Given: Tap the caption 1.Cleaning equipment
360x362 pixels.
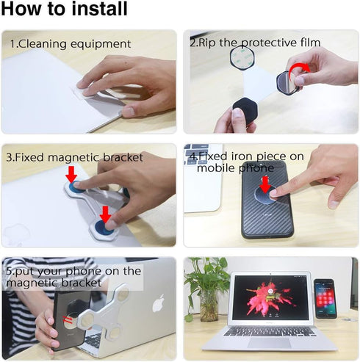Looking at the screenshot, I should pos(70,44).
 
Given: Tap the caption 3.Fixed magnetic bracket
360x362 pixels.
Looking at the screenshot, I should pos(76,157).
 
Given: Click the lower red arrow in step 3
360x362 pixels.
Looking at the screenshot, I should pos(105,213).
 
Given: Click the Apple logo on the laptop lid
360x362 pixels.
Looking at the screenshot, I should pos(158,302).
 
